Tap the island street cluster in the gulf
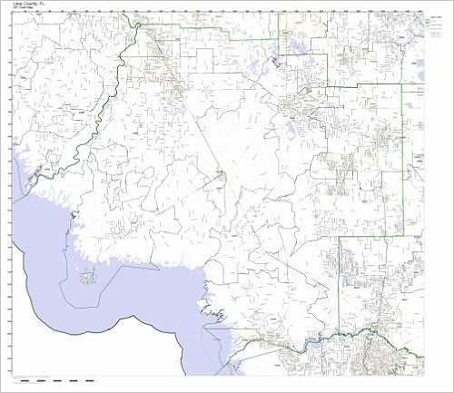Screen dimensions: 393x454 point(88,278)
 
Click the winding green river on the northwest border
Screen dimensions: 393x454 point(109,91)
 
